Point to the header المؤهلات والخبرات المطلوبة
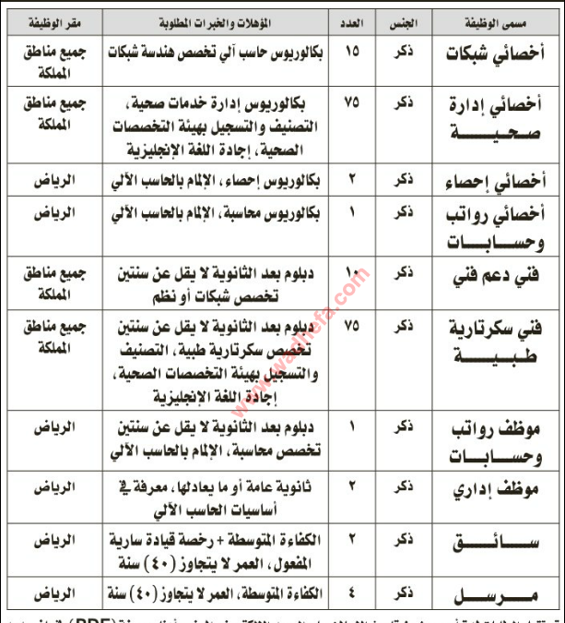pyautogui.click(x=215, y=18)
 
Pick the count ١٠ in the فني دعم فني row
pyautogui.click(x=352, y=273)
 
